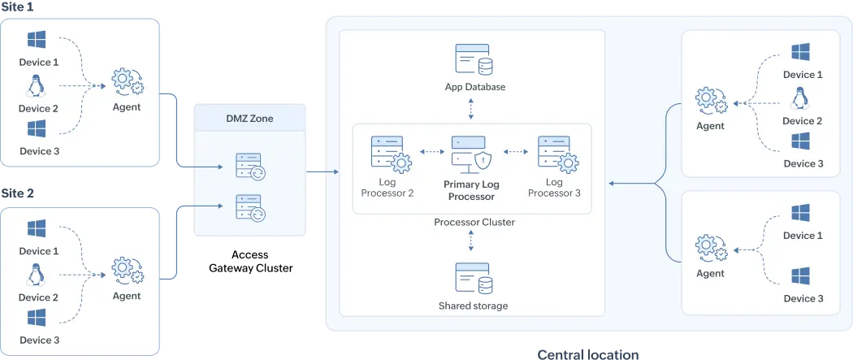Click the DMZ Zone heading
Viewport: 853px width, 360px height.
(x=250, y=119)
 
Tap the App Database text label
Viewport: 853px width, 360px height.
(x=475, y=87)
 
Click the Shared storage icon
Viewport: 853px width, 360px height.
(x=472, y=280)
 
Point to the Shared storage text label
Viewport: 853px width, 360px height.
(x=473, y=306)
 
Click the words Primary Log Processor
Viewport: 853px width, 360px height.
(x=471, y=190)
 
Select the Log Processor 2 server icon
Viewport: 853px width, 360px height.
(x=389, y=154)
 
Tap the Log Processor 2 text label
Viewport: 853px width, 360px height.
(x=387, y=188)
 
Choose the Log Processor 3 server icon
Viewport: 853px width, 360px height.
(x=556, y=154)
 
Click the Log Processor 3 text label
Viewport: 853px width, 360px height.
(x=554, y=188)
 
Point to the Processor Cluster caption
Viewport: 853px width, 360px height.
(x=474, y=222)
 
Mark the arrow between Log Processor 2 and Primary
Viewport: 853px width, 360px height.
(x=431, y=151)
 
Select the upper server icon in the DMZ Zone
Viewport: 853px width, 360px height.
(x=249, y=167)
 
